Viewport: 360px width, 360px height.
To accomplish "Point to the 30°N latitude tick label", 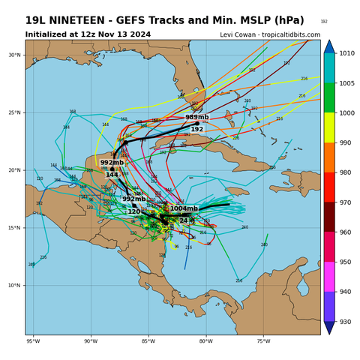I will pos(14,55).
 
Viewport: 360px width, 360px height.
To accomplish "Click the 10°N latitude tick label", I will pos(14,286).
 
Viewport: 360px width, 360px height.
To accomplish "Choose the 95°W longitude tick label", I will pos(33,341).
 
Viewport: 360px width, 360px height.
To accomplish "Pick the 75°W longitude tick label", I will pos(263,341).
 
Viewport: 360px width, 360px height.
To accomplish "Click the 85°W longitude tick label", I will pos(148,341).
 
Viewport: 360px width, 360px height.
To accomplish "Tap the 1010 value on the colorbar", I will pos(346,53).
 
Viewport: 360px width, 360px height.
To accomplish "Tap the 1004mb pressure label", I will pos(184,209).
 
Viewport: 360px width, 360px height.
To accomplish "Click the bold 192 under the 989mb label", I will pos(196,129).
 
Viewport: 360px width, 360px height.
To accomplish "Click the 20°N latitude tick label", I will pos(14,170).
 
